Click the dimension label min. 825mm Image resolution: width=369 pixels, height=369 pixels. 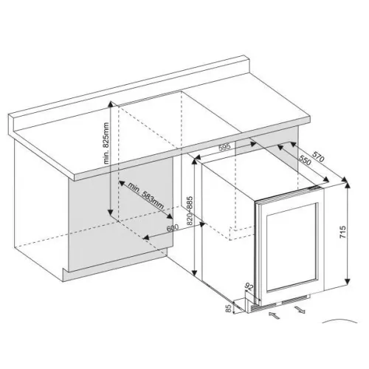coord(106,143)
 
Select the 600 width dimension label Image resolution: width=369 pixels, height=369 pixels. coord(173,228)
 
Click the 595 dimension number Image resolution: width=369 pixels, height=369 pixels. coord(224,147)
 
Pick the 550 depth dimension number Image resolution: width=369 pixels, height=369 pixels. coord(305,161)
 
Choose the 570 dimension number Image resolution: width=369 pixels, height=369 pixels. coord(318,156)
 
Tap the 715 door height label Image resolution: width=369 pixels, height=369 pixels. coord(342,232)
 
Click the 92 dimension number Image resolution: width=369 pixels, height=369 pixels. coord(249,286)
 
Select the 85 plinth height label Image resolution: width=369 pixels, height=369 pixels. coord(229,309)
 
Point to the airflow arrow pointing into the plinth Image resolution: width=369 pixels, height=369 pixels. coord(274,315)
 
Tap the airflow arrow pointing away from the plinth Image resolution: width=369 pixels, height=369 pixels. coord(300,309)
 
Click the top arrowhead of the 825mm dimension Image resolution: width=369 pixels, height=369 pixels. coord(111,103)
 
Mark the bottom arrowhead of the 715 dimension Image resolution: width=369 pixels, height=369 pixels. coord(348,282)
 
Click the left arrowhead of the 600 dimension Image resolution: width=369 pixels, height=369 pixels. coord(146,238)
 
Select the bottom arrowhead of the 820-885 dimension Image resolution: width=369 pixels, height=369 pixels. coord(194,272)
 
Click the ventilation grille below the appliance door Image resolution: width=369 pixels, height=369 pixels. coord(280,304)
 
